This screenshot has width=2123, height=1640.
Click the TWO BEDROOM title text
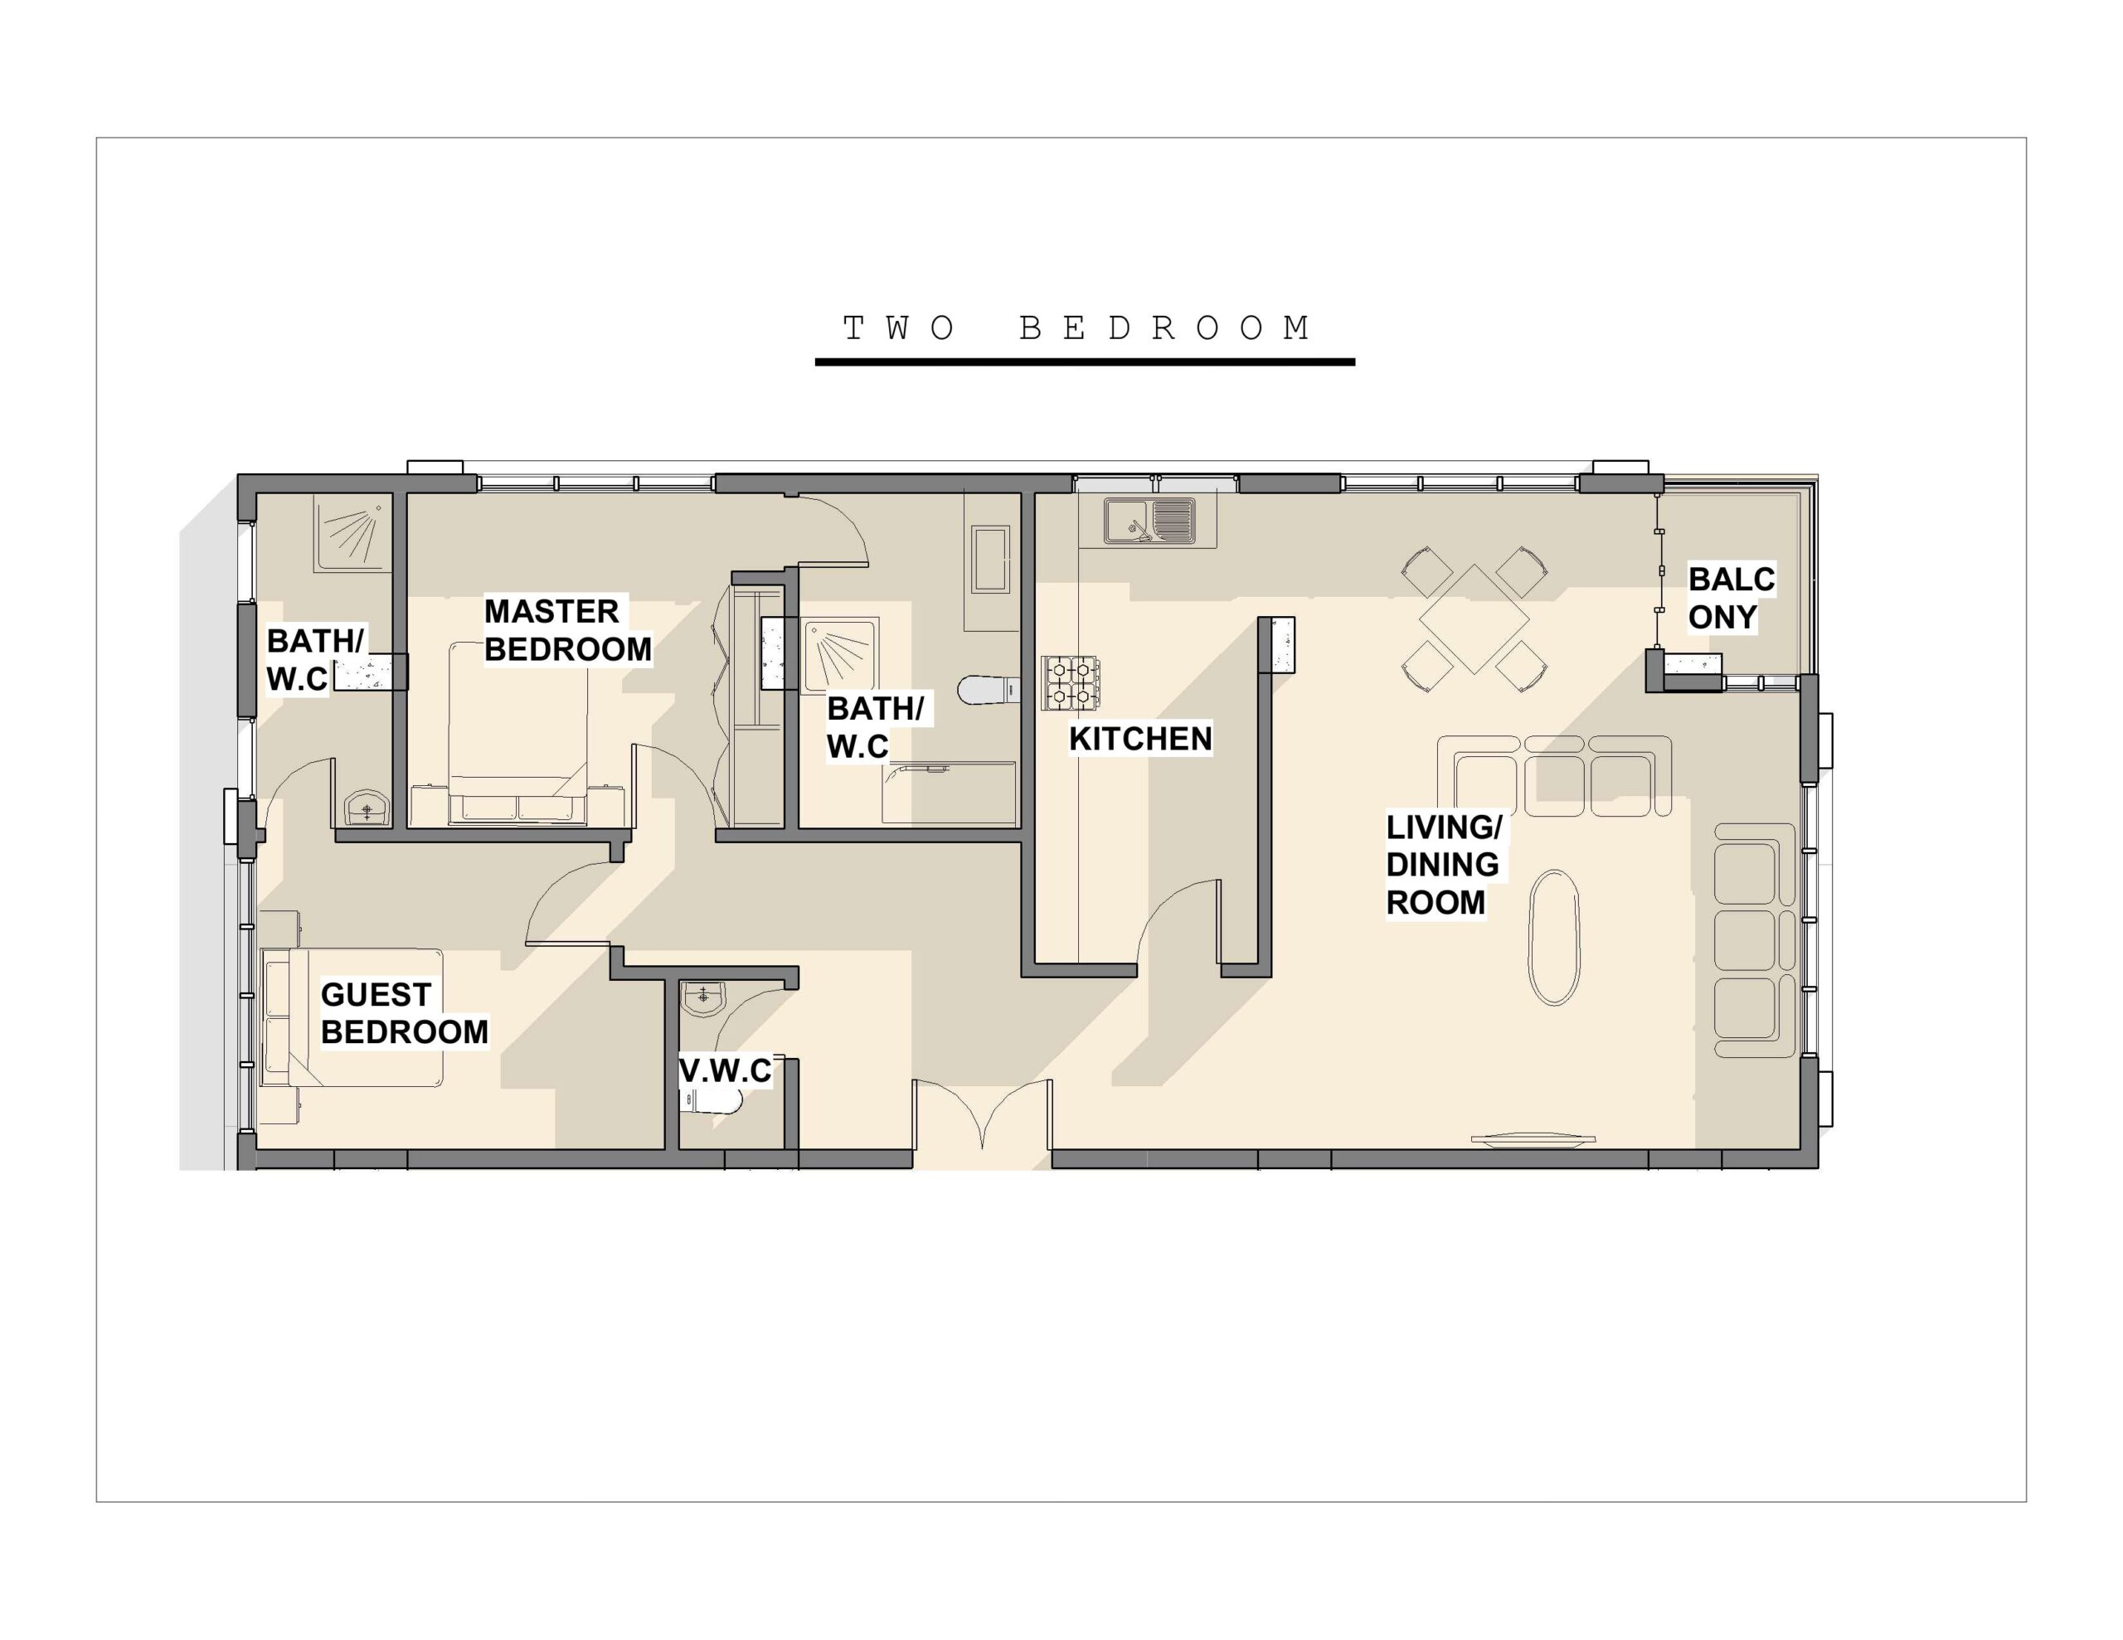(1077, 328)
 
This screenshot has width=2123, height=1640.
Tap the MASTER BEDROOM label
(568, 630)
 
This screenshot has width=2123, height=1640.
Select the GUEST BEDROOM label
(405, 1013)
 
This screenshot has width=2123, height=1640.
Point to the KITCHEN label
(1140, 739)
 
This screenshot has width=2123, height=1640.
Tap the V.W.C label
(725, 1071)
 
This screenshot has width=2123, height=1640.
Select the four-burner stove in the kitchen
(1071, 682)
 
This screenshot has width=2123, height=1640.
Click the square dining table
(1474, 619)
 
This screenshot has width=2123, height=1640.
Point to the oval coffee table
(1554, 937)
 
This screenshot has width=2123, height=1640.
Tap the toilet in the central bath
(988, 690)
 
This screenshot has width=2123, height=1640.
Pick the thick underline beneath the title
(1085, 361)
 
